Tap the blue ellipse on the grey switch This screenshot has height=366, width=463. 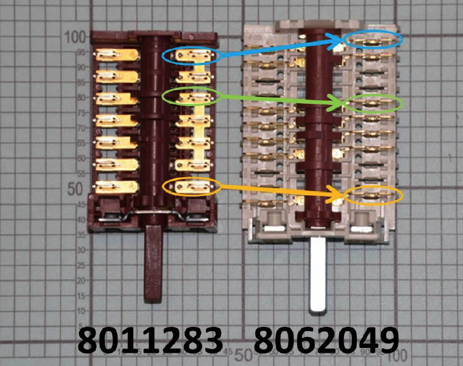point(374,40)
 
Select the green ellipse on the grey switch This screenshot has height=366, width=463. point(374,103)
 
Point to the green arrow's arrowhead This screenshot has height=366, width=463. point(339,104)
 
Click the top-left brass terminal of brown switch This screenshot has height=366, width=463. point(117,55)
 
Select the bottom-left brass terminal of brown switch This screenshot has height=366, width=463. point(117,187)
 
